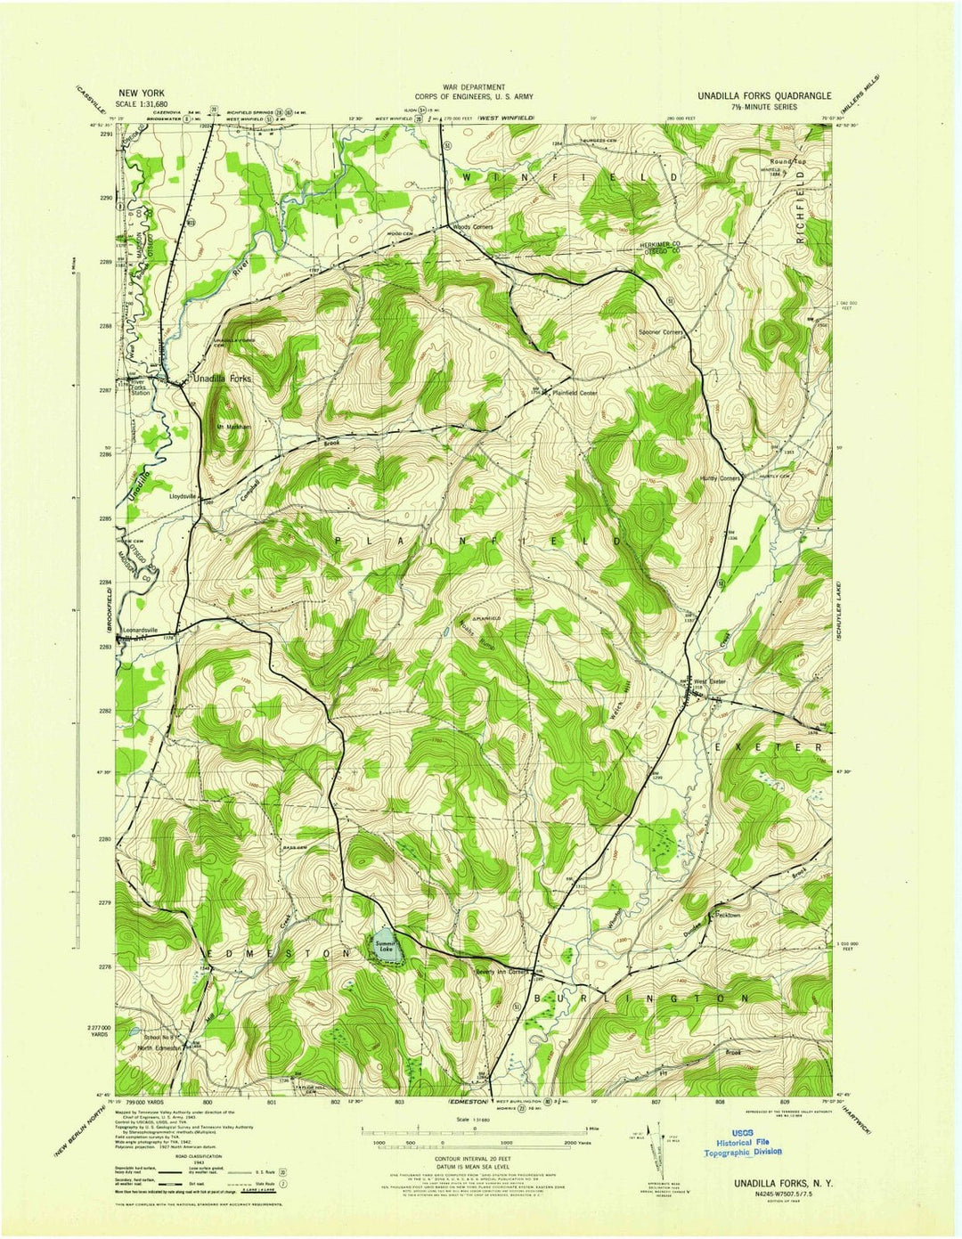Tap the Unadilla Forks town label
click(x=223, y=379)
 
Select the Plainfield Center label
click(x=575, y=392)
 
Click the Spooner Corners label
click(x=660, y=332)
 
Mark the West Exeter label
click(x=711, y=682)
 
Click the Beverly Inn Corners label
click(x=503, y=971)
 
